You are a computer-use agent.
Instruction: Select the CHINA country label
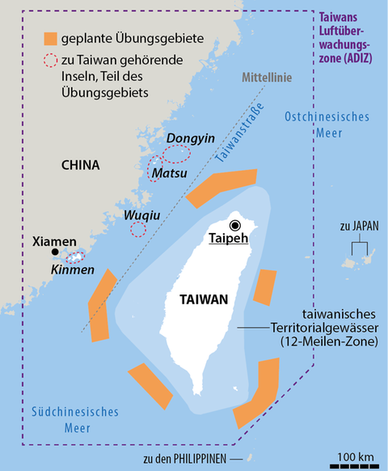coord(80,165)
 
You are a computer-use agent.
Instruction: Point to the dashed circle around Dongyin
coord(176,152)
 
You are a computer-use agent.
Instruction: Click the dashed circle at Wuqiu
coord(138,229)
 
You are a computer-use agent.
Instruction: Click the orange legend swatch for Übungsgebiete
coord(51,38)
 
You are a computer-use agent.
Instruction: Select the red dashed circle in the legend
coord(51,62)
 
